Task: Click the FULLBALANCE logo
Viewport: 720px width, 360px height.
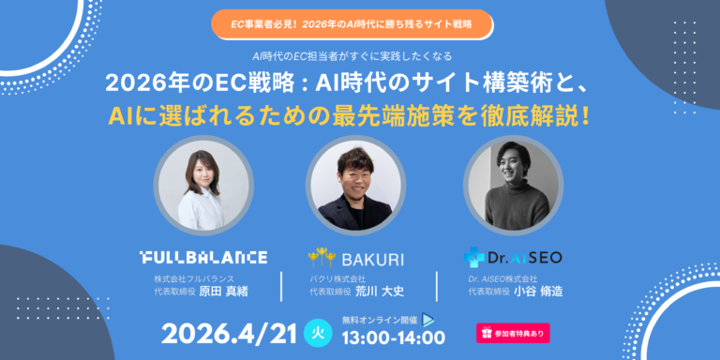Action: [x=202, y=257]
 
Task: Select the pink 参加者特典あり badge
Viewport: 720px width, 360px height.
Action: [x=513, y=333]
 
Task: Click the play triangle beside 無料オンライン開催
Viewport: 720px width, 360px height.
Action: [x=427, y=319]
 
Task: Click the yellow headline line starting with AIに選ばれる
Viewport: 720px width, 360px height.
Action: [x=361, y=117]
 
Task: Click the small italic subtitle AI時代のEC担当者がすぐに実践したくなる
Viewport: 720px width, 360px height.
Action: [x=360, y=56]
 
